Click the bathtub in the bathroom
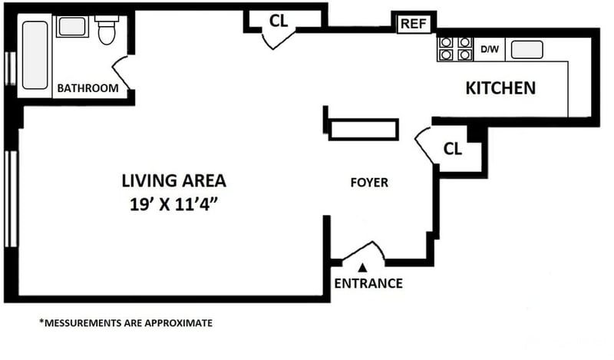[x=35, y=55]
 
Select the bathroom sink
[x=72, y=27]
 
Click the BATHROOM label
[x=87, y=88]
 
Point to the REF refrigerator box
[x=414, y=24]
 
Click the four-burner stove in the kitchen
[x=455, y=49]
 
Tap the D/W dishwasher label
[x=490, y=49]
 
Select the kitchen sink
[x=527, y=50]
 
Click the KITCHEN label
[x=500, y=88]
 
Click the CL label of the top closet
[x=279, y=21]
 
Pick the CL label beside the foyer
[x=452, y=149]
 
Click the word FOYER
[x=369, y=183]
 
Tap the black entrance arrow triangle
[x=363, y=268]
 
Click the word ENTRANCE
[x=368, y=283]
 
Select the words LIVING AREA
[x=174, y=181]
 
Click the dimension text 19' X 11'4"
[x=173, y=204]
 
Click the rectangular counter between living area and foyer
[x=364, y=129]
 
